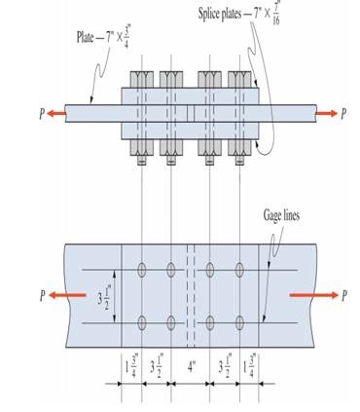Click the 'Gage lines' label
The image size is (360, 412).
[281, 216]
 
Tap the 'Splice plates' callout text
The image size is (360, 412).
[220, 15]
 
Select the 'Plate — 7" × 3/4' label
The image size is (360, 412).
[102, 36]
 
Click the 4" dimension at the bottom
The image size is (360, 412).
[192, 367]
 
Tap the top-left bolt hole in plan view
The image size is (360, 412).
[142, 270]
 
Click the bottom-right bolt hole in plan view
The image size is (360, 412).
[239, 322]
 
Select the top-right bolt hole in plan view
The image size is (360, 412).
[239, 270]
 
